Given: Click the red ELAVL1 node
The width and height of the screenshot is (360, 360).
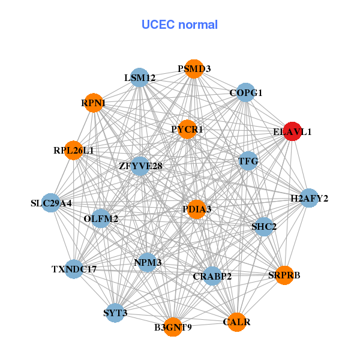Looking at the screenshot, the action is click(x=292, y=131).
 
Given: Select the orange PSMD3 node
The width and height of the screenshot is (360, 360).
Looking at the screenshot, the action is click(x=193, y=69).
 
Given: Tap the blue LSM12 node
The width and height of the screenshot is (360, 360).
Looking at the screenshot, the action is click(x=139, y=77).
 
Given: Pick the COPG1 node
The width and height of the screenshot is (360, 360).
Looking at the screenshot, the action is click(x=245, y=92).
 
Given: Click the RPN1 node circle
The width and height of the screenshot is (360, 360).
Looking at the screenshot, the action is click(x=93, y=103).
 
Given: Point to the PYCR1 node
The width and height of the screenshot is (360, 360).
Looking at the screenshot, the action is click(x=187, y=129).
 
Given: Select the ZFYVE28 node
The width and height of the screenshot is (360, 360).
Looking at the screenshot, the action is click(x=140, y=166).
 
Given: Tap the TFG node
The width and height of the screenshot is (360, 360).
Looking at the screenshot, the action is click(x=248, y=161).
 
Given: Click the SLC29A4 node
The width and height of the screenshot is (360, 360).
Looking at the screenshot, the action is click(x=52, y=203).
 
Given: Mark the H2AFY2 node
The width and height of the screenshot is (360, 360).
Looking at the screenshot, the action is click(x=308, y=198).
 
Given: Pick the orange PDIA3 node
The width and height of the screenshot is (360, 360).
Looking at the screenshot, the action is click(x=196, y=209).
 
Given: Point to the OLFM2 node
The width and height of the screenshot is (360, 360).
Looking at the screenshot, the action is click(x=101, y=218).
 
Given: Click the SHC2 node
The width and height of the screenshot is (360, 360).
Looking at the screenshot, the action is click(x=263, y=226).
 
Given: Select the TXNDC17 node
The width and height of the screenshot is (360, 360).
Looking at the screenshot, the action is click(x=74, y=269).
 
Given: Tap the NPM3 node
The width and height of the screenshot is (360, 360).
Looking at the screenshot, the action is click(x=148, y=262).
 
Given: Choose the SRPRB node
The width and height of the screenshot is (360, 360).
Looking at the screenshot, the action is click(x=284, y=275).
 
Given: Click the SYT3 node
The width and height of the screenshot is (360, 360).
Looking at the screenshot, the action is click(x=115, y=313).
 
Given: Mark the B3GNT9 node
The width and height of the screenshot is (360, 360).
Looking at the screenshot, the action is click(x=173, y=327).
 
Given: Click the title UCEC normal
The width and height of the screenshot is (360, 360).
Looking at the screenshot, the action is click(x=179, y=25).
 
